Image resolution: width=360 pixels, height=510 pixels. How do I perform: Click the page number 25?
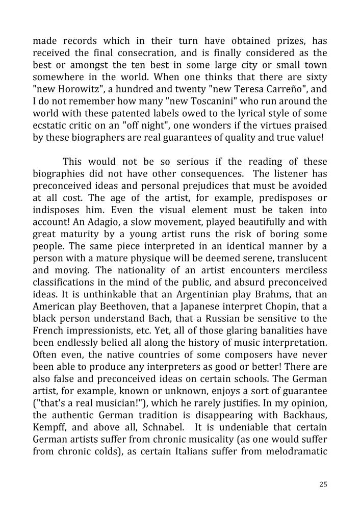pyautogui.click(x=323, y=484)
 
